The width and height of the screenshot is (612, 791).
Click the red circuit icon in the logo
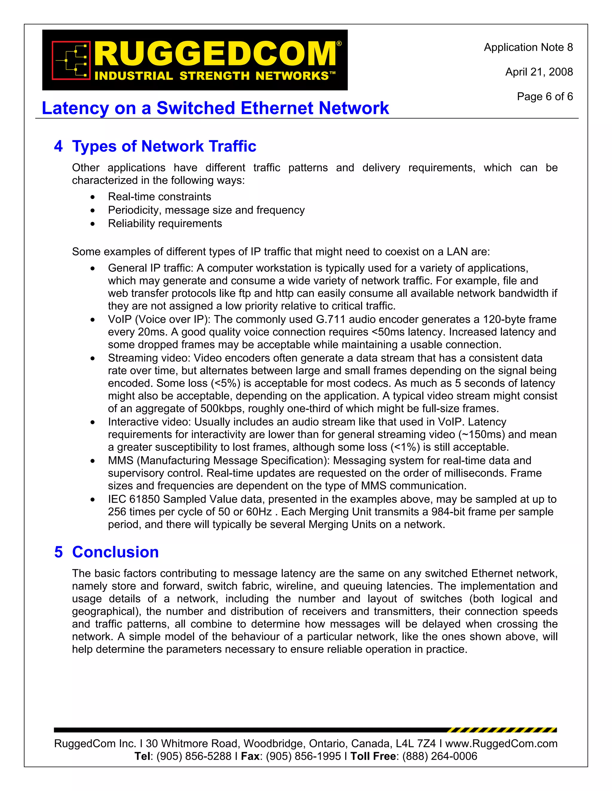(71, 60)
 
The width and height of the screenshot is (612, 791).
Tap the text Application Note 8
(528, 47)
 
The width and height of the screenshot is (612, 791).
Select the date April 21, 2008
(539, 72)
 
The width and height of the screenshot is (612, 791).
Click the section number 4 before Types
(58, 147)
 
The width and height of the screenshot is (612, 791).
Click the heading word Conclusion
(115, 552)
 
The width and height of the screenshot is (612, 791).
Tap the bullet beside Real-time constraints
(93, 197)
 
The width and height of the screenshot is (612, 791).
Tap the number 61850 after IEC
(144, 499)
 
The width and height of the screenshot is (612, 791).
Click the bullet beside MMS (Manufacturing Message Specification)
(93, 461)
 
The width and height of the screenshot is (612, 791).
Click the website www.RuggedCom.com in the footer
(501, 744)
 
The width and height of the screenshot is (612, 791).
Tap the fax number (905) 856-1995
(304, 756)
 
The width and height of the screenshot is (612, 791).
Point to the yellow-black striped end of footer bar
(502, 730)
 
